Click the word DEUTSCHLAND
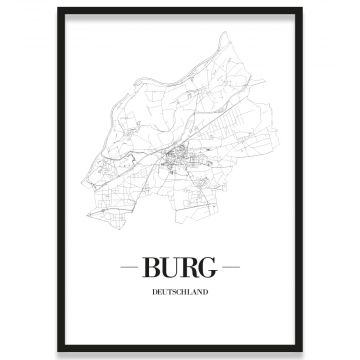coord(180,293)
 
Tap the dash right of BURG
coord(231,268)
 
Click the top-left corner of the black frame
coord(58,9)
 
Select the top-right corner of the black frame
coord(302,9)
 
